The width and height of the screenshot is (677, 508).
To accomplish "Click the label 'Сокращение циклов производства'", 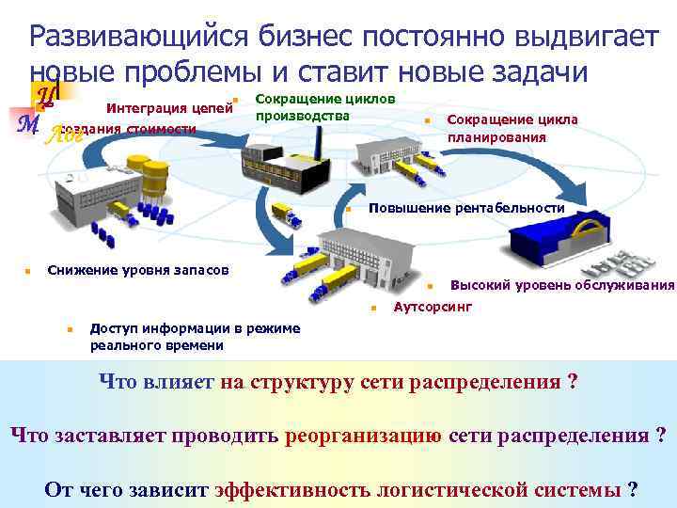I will point(324,106).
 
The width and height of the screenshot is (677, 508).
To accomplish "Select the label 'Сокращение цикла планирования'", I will point(512,129).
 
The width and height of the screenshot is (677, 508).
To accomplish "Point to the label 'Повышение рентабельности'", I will point(466,208).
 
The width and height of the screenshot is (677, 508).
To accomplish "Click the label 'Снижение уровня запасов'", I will point(137,271).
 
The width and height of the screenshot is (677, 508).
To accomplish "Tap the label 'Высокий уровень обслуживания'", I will point(562,285).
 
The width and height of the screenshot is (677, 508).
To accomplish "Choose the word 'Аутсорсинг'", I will point(433,308).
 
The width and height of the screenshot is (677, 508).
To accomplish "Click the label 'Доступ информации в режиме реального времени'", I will point(195,336).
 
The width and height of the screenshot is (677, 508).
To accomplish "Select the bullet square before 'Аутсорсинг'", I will point(373,309).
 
